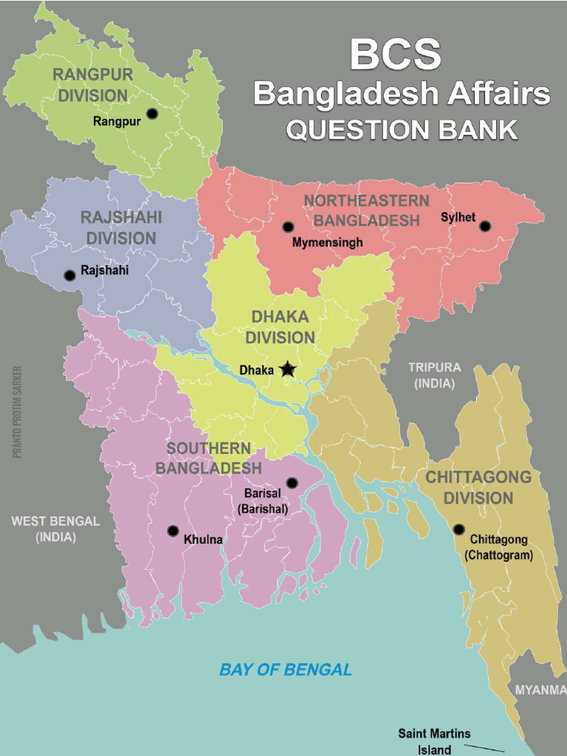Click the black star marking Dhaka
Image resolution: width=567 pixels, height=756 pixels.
click(x=287, y=369)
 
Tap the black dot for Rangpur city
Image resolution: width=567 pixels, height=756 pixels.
click(x=152, y=113)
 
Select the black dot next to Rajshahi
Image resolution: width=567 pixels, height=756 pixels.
click(x=69, y=275)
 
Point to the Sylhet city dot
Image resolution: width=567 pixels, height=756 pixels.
click(x=485, y=226)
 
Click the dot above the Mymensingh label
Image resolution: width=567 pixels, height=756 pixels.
click(x=288, y=227)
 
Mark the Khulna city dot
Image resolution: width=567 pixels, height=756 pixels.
click(x=173, y=530)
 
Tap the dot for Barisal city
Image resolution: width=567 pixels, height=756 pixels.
click(x=292, y=483)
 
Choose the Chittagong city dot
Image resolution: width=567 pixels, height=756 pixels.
click(x=458, y=529)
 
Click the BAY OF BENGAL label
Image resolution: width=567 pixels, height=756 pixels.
click(x=286, y=670)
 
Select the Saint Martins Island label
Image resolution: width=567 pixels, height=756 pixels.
click(x=434, y=741)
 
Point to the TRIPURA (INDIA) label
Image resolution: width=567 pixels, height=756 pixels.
click(x=435, y=375)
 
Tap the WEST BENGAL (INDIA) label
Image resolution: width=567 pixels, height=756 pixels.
click(x=55, y=529)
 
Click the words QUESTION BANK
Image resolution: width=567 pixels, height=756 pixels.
click(x=402, y=130)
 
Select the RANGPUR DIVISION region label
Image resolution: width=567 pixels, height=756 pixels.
click(x=93, y=85)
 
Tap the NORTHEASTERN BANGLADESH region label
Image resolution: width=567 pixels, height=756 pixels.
click(x=366, y=210)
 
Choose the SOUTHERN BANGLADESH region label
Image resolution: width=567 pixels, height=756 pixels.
click(x=208, y=458)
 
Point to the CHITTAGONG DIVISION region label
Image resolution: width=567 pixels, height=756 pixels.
click(x=478, y=487)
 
